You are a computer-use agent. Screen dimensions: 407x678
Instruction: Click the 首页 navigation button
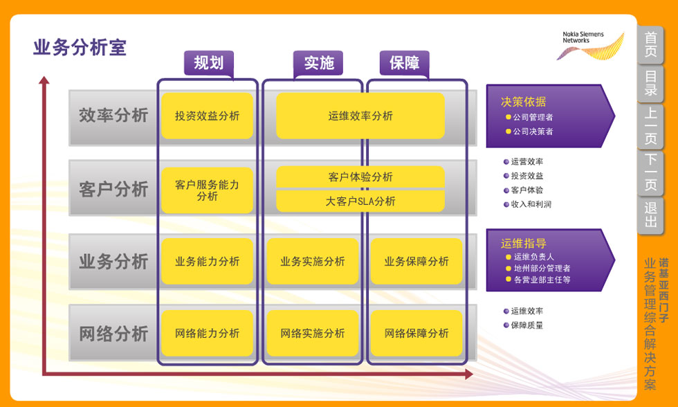tap(650, 46)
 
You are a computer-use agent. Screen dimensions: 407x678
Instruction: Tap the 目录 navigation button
tap(650, 84)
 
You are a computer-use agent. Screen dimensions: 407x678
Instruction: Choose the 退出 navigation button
tap(650, 215)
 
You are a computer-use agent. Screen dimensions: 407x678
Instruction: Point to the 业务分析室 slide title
tap(80, 48)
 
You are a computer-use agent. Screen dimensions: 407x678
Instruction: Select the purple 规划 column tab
tap(208, 63)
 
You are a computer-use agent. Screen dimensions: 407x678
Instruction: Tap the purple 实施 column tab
tap(319, 63)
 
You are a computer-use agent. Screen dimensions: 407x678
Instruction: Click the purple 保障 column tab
tap(405, 63)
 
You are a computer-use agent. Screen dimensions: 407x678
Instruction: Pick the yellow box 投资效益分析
tap(207, 116)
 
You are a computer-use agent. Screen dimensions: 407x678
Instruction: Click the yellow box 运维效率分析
tap(360, 116)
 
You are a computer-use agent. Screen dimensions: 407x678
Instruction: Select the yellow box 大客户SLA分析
tap(360, 201)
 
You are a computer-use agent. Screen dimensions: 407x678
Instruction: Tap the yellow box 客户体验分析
tap(360, 177)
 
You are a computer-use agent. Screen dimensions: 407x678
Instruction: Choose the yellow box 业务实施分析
tap(313, 262)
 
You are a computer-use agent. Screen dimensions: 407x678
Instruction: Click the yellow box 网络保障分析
tap(416, 334)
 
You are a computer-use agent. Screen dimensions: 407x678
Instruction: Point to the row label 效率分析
tap(113, 116)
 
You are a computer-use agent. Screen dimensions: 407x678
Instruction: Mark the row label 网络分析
tap(113, 334)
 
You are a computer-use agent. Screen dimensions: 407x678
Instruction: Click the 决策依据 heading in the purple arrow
tap(523, 102)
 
